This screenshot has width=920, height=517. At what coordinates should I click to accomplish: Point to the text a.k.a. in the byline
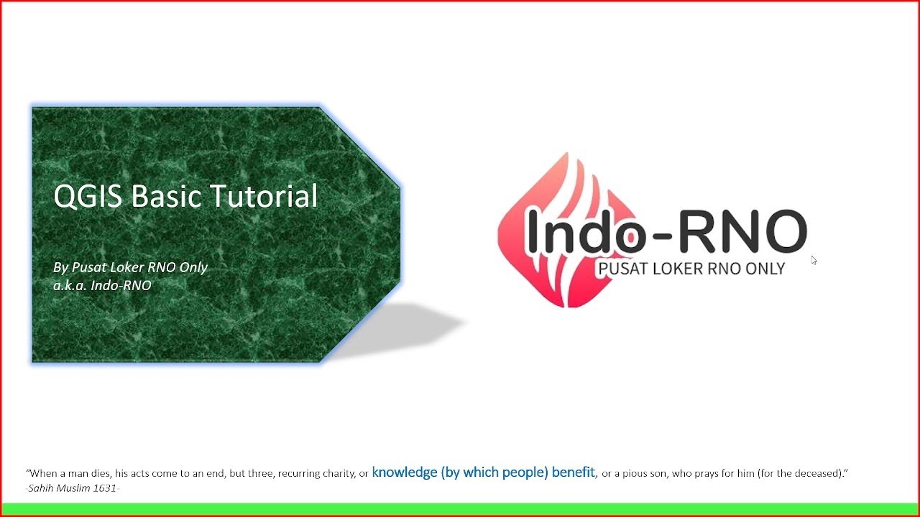tap(69, 286)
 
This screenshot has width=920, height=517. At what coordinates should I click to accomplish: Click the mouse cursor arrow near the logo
tap(814, 260)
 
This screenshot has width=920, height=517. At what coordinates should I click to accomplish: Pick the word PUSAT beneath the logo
tap(622, 269)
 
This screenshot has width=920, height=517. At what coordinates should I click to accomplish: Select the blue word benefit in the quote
tap(574, 472)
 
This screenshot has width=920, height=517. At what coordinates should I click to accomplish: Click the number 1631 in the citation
tap(106, 488)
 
